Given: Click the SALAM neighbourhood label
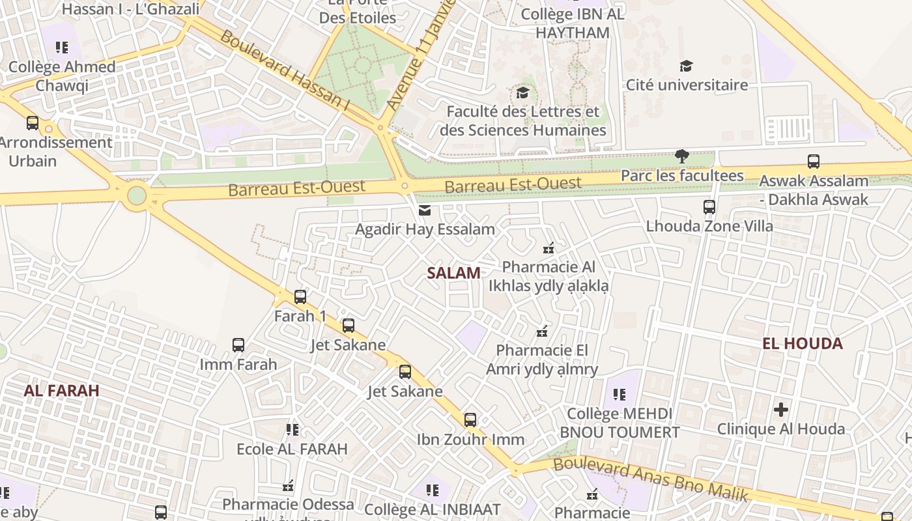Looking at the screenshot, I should pos(454,273).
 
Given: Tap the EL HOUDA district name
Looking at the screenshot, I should pos(803,343).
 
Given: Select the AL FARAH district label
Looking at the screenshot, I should pos(61,390).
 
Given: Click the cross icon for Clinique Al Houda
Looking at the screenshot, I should pos(781,410).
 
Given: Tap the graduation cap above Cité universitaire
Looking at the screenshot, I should pos(686,66).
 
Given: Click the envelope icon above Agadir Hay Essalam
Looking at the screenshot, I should pos(425,210).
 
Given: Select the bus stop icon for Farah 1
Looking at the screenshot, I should pos(300,297).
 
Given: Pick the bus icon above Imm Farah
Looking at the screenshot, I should pos(238,345).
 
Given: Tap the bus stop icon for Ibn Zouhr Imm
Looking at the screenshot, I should pos(470,420).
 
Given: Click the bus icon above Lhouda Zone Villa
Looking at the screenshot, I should pos(709,207).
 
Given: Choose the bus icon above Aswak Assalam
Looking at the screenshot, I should pos(813,162).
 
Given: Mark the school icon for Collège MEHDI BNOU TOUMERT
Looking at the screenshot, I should pos(619,395).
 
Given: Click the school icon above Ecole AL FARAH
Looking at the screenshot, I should pos(292,430).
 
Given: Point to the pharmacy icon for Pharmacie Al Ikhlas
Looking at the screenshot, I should pos(549,247).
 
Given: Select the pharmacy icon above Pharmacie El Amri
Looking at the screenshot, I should pos(541,331).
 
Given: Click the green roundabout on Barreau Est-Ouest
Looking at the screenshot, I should pos(137,195).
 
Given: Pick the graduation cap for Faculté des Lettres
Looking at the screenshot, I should pos(522,92).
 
